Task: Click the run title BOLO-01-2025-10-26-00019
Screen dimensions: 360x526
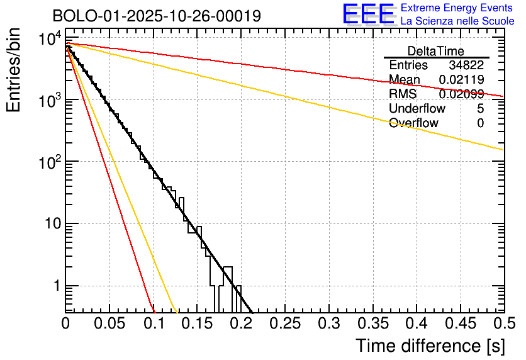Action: tap(157, 16)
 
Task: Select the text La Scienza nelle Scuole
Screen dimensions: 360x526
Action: tap(457, 21)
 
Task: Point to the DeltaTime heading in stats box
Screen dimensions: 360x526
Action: tap(435, 51)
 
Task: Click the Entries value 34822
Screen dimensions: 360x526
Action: tap(466, 65)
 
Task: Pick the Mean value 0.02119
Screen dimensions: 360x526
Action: tap(462, 80)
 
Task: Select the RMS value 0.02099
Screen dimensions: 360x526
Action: tap(461, 94)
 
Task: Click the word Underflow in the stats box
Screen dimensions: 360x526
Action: tap(418, 109)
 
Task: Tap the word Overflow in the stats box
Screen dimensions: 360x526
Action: tap(413, 123)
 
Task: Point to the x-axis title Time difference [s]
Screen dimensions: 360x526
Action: tap(430, 346)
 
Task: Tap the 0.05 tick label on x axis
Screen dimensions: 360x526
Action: tap(109, 323)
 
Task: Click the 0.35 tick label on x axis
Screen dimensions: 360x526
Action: tap(372, 323)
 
